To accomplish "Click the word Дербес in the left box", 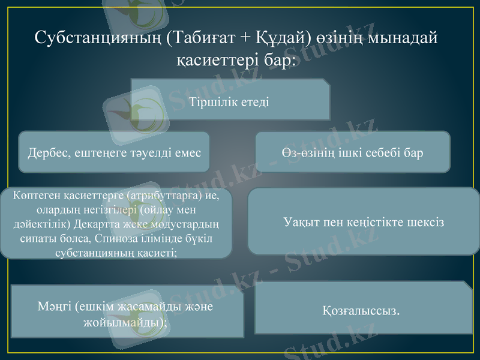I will click(x=47, y=153).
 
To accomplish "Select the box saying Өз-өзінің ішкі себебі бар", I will click(x=353, y=153).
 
